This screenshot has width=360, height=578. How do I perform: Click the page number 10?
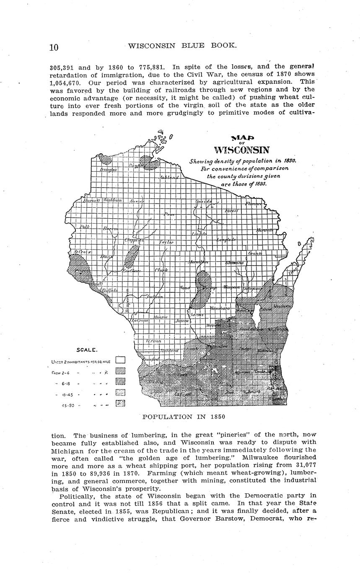(54, 47)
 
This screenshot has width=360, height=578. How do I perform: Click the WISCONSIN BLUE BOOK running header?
(182, 45)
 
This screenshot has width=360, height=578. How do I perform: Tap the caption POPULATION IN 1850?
(184, 417)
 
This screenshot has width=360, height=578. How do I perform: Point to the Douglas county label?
(108, 169)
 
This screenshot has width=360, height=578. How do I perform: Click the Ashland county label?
(169, 178)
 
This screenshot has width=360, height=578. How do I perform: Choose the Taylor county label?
(166, 243)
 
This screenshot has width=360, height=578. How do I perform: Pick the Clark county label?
(161, 271)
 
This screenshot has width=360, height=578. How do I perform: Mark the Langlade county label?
(226, 240)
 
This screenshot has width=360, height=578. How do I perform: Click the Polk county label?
(85, 227)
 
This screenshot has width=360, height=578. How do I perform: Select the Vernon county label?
(153, 341)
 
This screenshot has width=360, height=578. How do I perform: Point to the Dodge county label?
(245, 349)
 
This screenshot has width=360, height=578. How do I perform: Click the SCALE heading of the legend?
(87, 350)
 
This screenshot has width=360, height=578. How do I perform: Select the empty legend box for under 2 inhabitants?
(120, 359)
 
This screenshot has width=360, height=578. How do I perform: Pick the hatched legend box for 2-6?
(120, 371)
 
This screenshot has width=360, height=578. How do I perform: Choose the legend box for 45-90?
(120, 404)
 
